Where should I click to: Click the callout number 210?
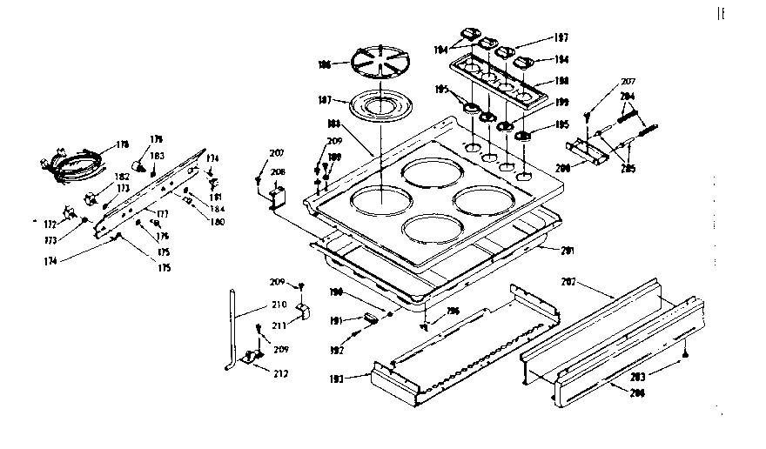(x=278, y=305)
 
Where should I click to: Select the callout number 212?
(x=280, y=374)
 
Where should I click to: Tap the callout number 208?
(x=278, y=172)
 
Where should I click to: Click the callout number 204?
(x=627, y=97)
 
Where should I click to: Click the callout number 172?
(x=50, y=224)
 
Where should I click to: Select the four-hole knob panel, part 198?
(x=493, y=78)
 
